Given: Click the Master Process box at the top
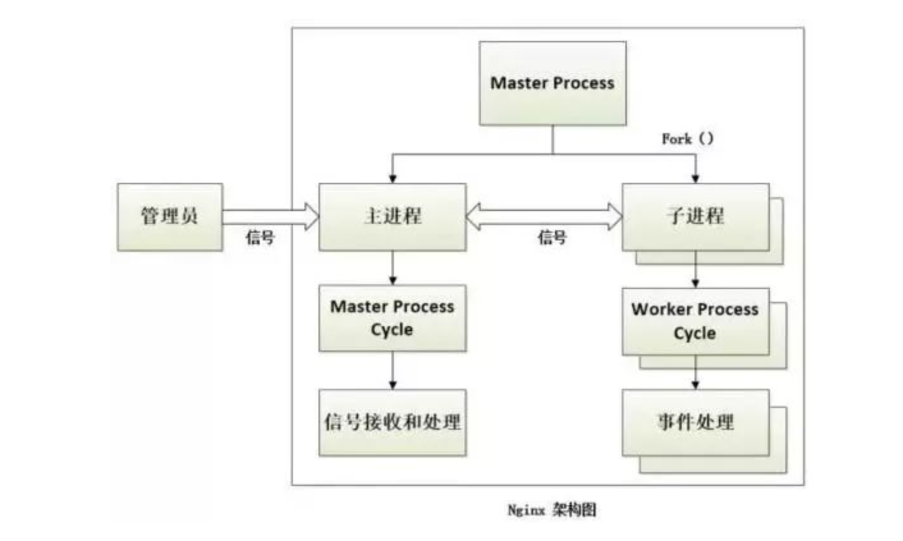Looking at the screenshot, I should point(553,83).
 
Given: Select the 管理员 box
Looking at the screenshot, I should point(169,217).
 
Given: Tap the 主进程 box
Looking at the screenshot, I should point(392,217).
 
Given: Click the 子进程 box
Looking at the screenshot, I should point(695,217).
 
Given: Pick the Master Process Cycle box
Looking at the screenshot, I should point(392,318).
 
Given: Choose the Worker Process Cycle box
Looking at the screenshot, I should point(695,321).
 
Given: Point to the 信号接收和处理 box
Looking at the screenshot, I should point(392,422).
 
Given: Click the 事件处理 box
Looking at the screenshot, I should point(695,422).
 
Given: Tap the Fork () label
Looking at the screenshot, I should point(687,138).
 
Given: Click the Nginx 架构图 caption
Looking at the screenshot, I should point(552,510).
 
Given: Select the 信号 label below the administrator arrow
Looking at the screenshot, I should point(260,238).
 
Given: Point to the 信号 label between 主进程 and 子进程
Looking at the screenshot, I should point(552,238).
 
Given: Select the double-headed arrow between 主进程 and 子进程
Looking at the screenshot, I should point(544,217).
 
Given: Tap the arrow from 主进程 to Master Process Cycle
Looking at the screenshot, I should point(393,268).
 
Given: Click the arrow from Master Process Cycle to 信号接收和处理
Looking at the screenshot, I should point(393,370).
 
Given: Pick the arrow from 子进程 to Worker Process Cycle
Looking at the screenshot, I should point(696,269).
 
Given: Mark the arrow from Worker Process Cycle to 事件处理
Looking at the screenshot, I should point(696,372).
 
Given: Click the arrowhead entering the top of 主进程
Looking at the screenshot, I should point(393,178).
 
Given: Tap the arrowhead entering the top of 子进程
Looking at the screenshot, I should point(696,178).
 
